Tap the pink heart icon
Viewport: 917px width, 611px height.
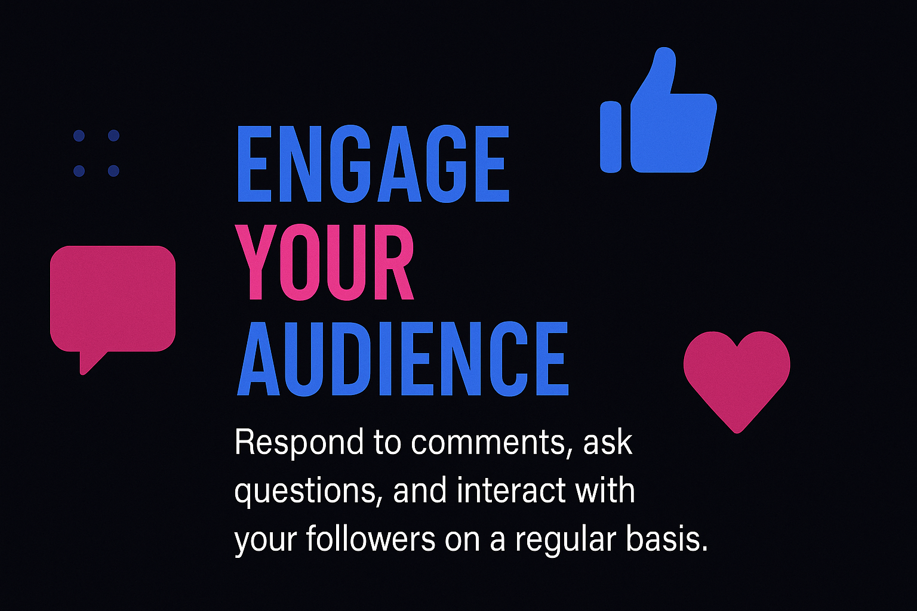point(737,377)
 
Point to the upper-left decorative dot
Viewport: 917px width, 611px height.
point(79,135)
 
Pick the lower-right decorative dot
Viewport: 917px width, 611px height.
point(113,171)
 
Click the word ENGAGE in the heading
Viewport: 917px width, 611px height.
point(373,163)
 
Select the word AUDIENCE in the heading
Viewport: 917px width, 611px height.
point(403,359)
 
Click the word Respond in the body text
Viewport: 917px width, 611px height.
point(299,443)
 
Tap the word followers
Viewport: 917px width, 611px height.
point(371,538)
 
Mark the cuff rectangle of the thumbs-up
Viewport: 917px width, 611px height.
point(611,137)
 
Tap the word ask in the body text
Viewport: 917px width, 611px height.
point(608,442)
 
